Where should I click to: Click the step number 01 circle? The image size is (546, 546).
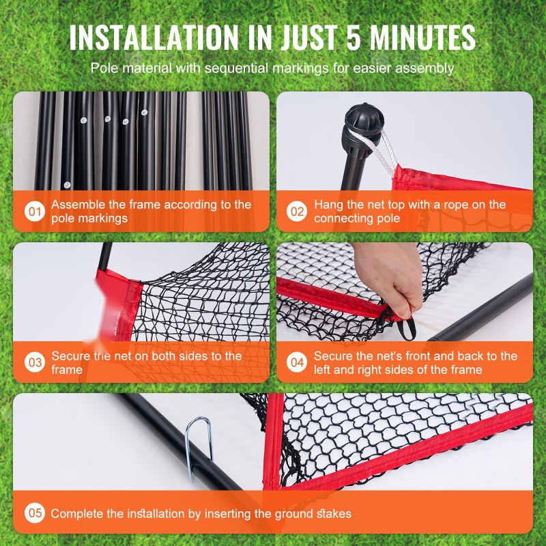[x=35, y=212]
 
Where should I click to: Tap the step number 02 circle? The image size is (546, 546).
[x=297, y=212]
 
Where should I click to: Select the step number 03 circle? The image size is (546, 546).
[x=35, y=362]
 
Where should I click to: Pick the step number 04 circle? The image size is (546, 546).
[x=297, y=362]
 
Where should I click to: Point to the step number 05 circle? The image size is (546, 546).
[x=35, y=513]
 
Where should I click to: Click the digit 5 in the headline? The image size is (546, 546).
[x=354, y=38]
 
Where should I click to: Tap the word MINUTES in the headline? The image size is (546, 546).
[x=422, y=38]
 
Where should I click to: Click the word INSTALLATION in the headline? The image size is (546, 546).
[x=154, y=38]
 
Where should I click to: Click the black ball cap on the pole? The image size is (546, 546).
[x=364, y=117]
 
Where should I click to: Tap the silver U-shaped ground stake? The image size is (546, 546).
[x=197, y=448]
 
